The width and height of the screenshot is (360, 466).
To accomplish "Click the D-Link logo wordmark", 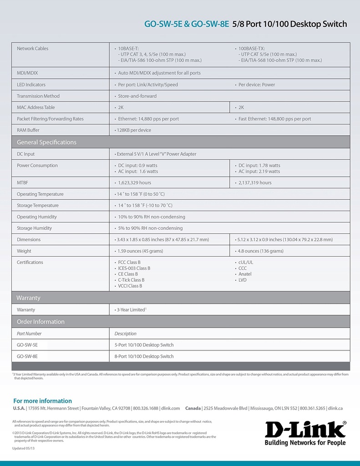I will tap(305, 429).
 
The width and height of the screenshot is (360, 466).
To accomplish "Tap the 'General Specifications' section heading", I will tap(46, 142).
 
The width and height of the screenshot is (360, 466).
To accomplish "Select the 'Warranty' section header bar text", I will tap(28, 298).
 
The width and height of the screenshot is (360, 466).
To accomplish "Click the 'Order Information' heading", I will tap(41, 322).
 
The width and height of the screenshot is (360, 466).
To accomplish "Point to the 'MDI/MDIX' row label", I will tap(28, 73).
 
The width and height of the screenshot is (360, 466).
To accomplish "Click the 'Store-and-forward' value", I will tap(137, 96).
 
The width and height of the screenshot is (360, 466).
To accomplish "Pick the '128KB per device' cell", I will tap(134, 130).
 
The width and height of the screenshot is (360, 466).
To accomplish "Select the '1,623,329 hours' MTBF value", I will tap(134, 182).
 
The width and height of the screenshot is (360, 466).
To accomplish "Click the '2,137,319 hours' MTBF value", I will tap(255, 182).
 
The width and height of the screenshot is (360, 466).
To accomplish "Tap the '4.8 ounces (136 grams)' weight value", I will tap(260, 251).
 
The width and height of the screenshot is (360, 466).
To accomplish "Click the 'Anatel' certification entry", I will tap(244, 274).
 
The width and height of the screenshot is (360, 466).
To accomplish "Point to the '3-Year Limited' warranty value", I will tap(131, 310).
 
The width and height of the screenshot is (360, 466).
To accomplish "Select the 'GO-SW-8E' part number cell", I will tap(27, 356).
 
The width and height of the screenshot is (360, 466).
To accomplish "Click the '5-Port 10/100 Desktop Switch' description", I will tap(144, 345).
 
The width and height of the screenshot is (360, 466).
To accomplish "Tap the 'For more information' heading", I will tap(42, 401).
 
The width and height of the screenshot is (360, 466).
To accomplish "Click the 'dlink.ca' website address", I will tap(335, 409).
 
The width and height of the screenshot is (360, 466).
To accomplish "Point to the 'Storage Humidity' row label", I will tap(34, 228).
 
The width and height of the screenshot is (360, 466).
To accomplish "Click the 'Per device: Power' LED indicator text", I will tap(257, 85).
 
